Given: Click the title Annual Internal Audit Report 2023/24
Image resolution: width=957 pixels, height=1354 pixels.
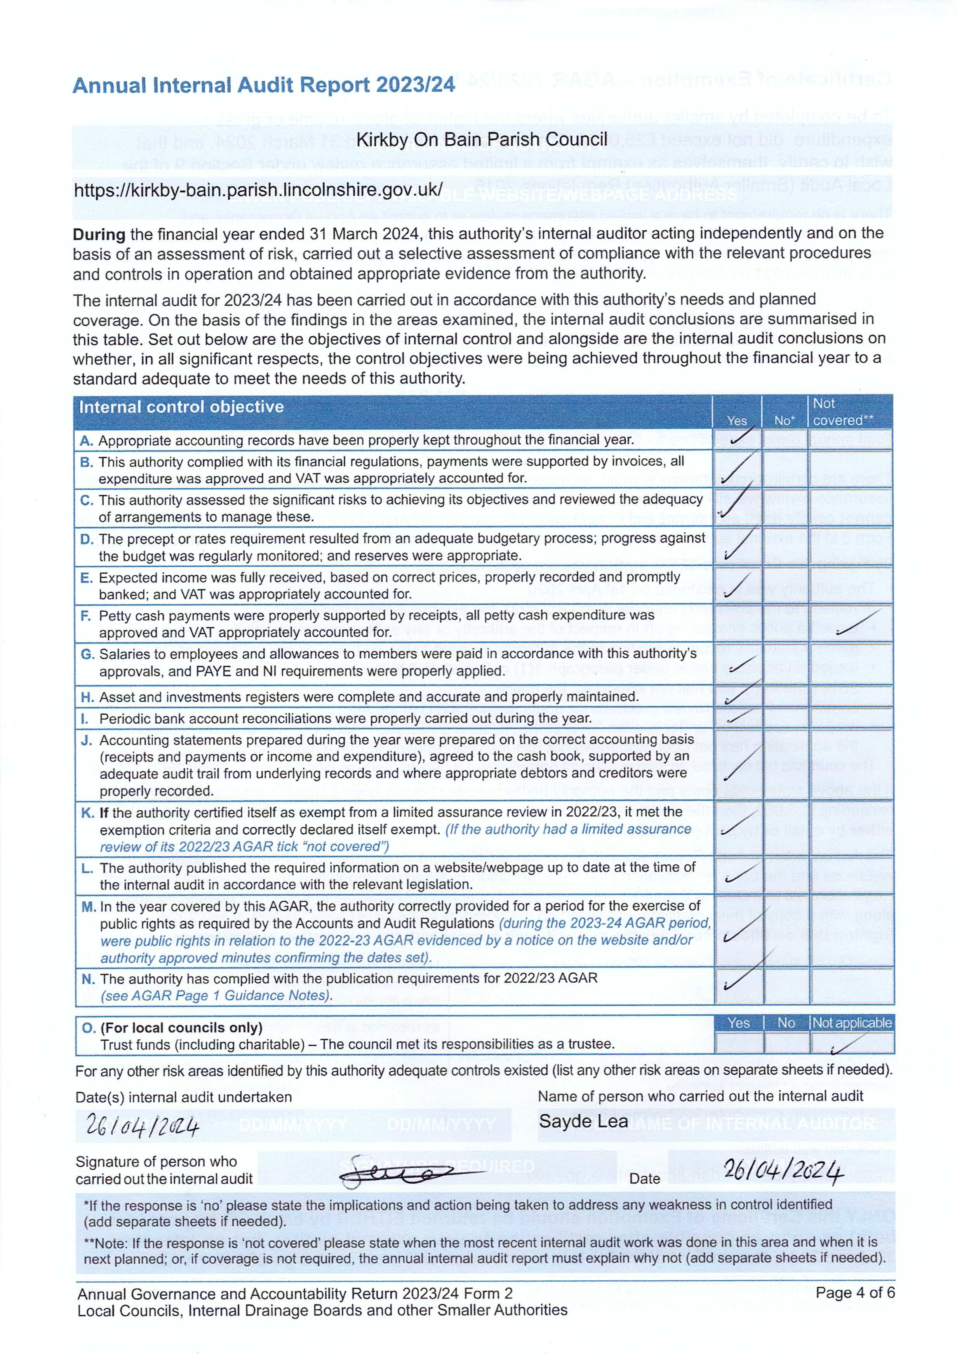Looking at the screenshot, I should point(264,85).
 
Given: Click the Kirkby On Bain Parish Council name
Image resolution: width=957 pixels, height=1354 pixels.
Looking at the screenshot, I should point(482,140).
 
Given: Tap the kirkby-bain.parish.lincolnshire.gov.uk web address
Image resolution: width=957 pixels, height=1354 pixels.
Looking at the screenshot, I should point(258,190).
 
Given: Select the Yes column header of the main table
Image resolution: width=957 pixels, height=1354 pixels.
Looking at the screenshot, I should point(736,421).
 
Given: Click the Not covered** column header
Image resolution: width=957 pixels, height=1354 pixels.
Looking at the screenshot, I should point(843,412).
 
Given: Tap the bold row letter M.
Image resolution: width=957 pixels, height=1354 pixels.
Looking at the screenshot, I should point(89,907).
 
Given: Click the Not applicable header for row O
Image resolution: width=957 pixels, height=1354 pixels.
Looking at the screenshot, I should point(851,1023).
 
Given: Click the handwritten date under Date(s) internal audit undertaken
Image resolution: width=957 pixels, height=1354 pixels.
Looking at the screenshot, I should point(142,1127).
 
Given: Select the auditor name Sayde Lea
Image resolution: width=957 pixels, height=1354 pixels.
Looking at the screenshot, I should point(583,1122).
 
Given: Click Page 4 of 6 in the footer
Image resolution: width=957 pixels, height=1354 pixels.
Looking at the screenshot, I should point(854,1293).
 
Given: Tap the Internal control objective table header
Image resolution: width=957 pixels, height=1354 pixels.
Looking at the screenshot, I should point(181,407).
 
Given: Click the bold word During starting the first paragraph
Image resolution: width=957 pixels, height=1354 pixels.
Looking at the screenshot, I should point(99,235).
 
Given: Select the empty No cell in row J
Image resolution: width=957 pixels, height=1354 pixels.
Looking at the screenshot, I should point(785,764).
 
